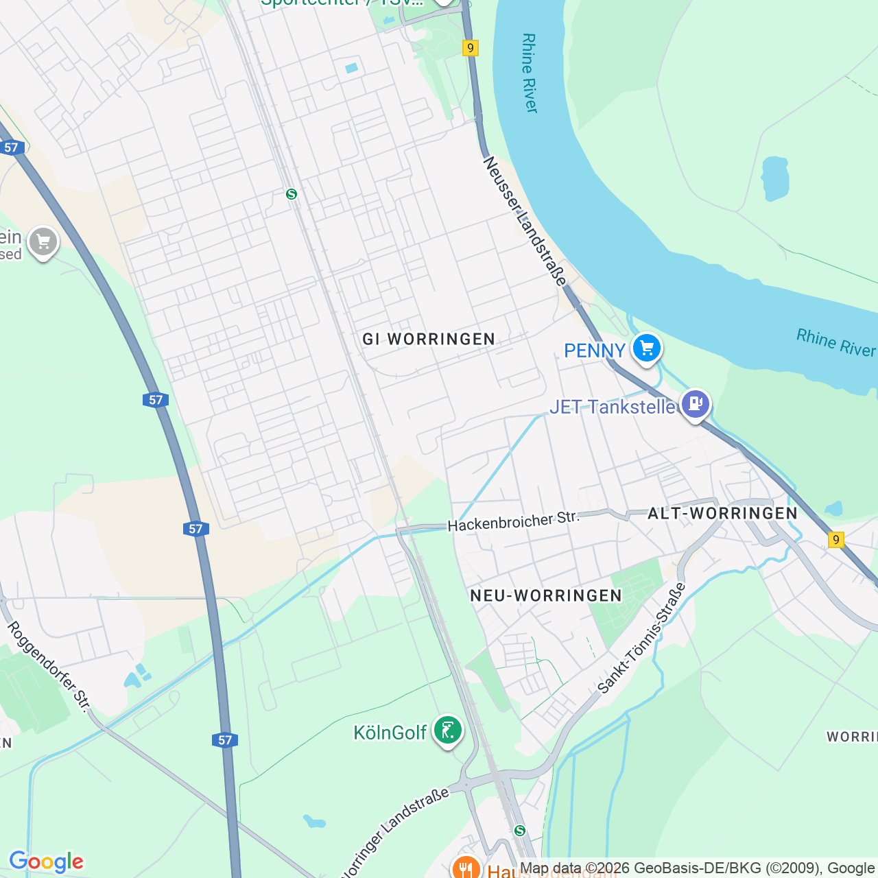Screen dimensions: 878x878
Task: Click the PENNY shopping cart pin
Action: [x=646, y=348]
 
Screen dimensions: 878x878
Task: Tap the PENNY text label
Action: [x=594, y=351]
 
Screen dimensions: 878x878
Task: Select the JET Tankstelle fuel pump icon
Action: [x=696, y=403]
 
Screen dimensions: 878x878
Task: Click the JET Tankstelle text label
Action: [x=613, y=407]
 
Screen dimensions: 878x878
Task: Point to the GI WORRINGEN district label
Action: [x=429, y=340]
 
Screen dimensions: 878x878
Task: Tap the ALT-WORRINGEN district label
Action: [x=722, y=514]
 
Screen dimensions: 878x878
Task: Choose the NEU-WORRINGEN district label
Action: [x=546, y=595]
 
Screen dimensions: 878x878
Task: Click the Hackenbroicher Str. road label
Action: [x=513, y=522]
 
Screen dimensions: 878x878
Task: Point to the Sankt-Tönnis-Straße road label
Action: [x=641, y=639]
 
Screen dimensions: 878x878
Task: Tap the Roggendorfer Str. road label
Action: [x=49, y=666]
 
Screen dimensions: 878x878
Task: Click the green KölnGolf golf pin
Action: [x=448, y=730]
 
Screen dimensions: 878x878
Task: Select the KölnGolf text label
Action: [x=390, y=733]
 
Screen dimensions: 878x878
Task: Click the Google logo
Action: [x=46, y=862]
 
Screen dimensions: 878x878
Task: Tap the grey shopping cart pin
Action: [x=43, y=241]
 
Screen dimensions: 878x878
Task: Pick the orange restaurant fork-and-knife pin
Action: [x=466, y=868]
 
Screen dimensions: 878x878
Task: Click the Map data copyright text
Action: [x=696, y=868]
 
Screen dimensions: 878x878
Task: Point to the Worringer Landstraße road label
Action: [x=394, y=834]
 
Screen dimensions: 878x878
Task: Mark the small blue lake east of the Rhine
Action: [x=775, y=178]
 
